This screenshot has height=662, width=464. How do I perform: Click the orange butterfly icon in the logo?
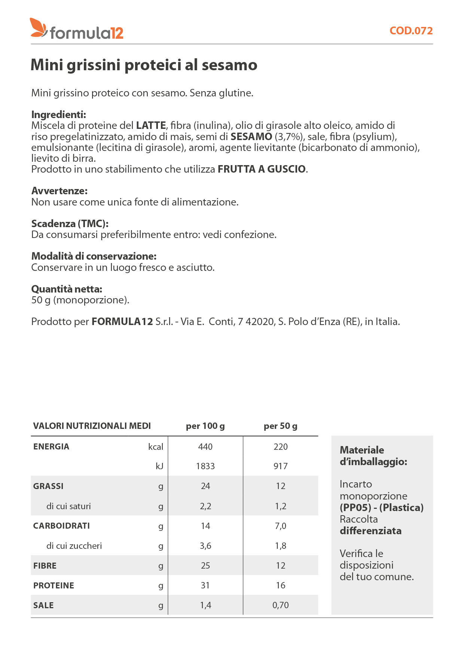(39, 28)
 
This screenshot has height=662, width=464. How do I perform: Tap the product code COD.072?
(411, 31)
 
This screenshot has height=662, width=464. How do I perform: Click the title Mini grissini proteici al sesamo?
(144, 65)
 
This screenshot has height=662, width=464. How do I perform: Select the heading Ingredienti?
(59, 114)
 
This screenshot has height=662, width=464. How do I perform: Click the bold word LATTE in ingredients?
(151, 126)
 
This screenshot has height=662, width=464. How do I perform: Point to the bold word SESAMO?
(251, 137)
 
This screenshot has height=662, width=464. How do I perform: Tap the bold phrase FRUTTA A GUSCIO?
(262, 169)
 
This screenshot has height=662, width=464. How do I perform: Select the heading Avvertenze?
(59, 191)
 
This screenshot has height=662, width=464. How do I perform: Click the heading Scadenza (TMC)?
(70, 224)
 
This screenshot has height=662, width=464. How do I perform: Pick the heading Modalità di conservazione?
(94, 256)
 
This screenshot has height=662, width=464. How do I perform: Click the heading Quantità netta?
(67, 289)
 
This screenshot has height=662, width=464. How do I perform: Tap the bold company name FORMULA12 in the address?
(122, 322)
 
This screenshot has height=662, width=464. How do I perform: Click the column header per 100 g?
(205, 426)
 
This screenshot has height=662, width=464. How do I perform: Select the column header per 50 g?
(281, 426)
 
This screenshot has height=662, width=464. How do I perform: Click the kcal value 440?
(205, 447)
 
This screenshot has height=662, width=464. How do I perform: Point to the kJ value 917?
(281, 466)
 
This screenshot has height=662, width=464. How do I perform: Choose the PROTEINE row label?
(54, 585)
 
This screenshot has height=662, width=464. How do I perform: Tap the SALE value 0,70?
(281, 605)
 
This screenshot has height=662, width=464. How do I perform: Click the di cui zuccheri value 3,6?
(205, 546)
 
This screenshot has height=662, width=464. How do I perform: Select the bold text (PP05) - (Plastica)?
(382, 508)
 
